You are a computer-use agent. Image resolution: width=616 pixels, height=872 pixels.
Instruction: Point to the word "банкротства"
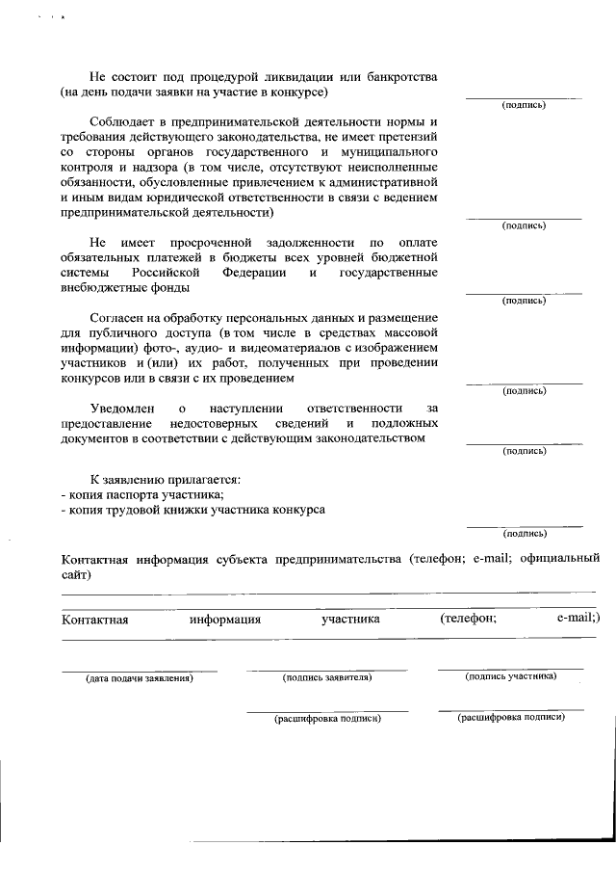point(396,76)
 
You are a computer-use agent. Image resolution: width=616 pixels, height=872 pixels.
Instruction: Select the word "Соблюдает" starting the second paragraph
point(122,120)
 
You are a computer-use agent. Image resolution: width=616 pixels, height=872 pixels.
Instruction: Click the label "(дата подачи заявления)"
point(140,678)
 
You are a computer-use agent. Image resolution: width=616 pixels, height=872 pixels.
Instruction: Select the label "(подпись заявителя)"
point(326,677)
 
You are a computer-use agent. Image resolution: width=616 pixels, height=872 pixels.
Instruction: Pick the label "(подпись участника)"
point(510,676)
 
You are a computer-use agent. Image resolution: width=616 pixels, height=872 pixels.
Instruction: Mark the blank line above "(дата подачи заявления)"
point(140,670)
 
